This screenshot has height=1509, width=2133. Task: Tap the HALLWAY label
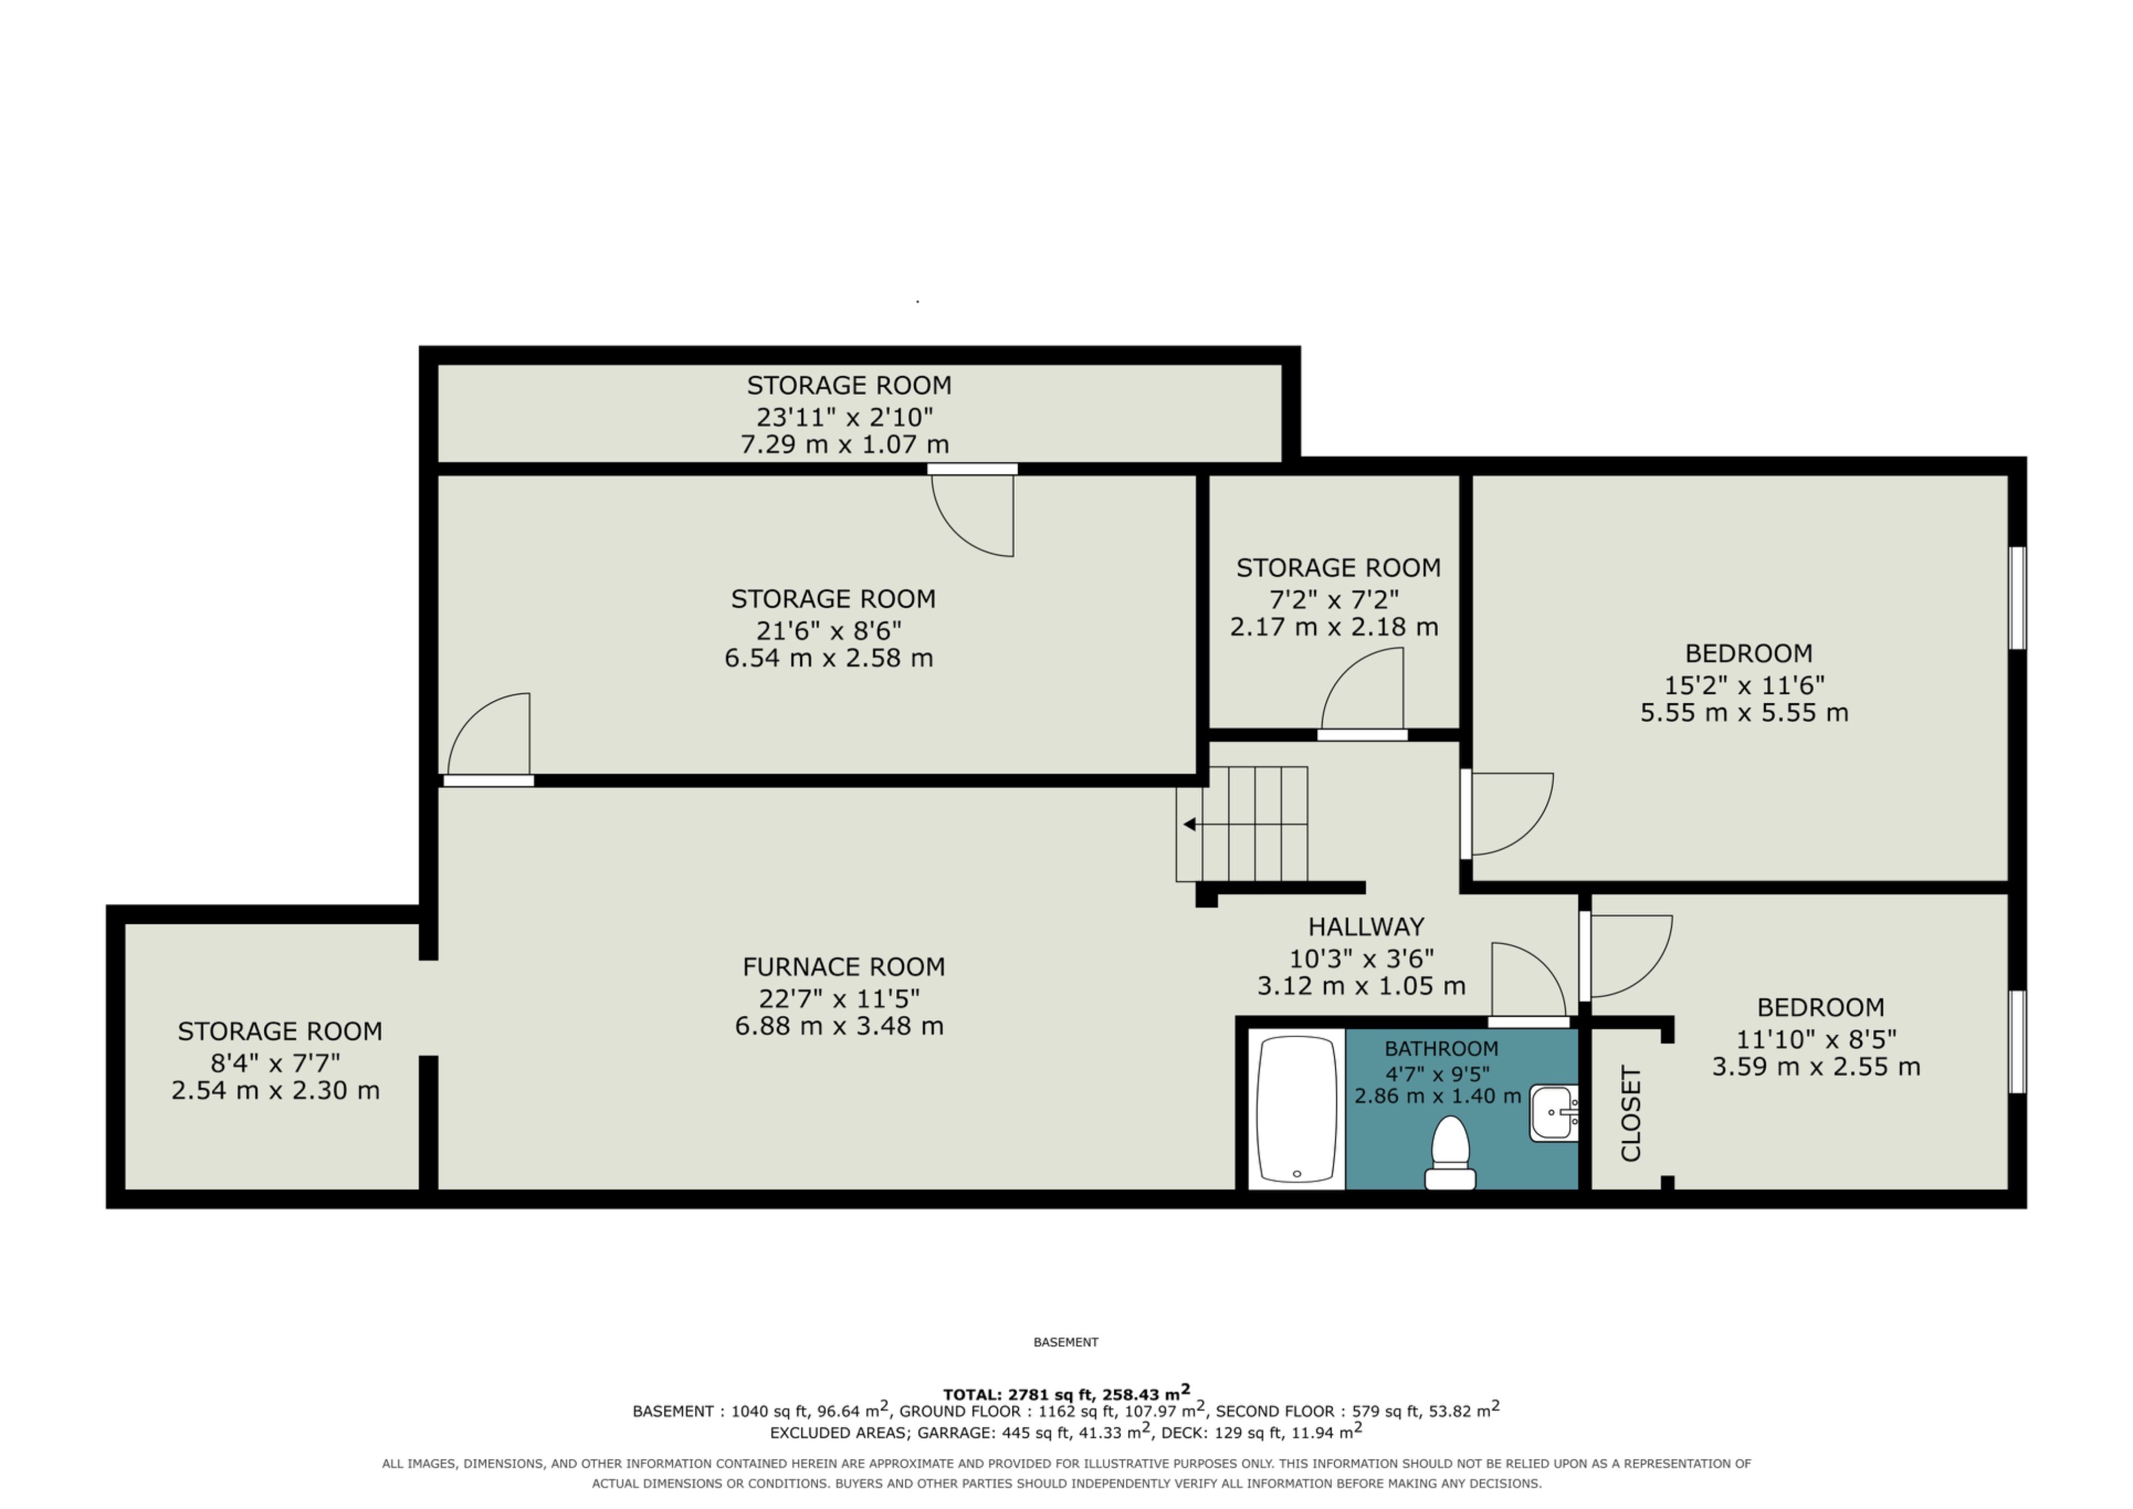pyautogui.click(x=1366, y=926)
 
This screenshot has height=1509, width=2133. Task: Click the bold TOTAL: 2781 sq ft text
pyautogui.click(x=1020, y=1395)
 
